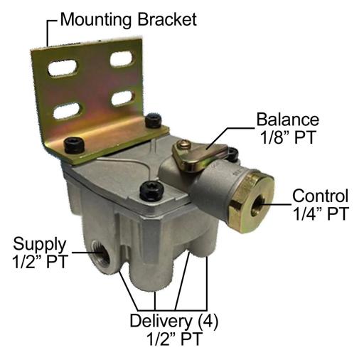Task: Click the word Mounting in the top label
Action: [x=96, y=21]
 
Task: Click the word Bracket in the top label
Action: [x=167, y=19]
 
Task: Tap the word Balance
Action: [x=288, y=120]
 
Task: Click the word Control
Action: [x=321, y=196]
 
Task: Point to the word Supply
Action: [x=40, y=245]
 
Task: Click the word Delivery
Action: [x=161, y=322]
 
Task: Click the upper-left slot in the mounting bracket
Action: [x=63, y=68]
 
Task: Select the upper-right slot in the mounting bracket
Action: [x=122, y=58]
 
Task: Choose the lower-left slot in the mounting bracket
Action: [x=68, y=110]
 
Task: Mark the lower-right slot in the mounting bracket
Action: [x=123, y=98]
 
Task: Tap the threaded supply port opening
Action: [x=101, y=254]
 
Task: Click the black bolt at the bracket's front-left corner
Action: [x=75, y=145]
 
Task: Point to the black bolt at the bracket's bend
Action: [x=154, y=121]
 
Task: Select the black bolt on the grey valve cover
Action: [x=151, y=191]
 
